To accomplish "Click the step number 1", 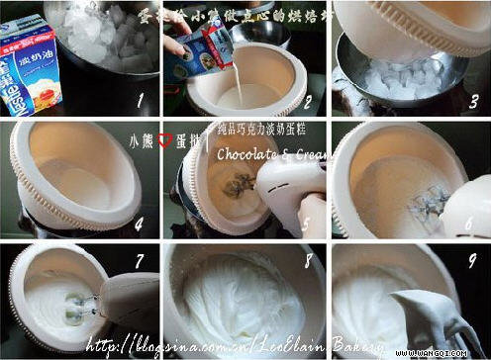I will (x=142, y=100).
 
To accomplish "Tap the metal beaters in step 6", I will (x=432, y=206).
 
